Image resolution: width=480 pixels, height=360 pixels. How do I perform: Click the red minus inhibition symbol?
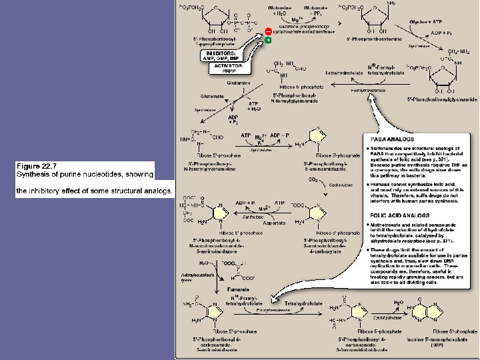(268, 31)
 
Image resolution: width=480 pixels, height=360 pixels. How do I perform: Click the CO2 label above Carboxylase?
(309, 178)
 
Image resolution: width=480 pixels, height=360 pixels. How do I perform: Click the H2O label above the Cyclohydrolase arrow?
(398, 303)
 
